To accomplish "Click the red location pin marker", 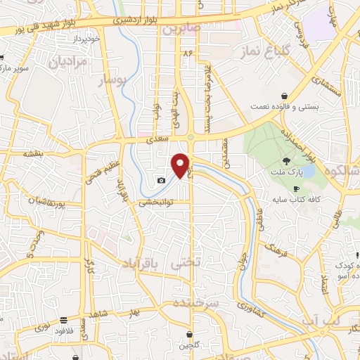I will pyautogui.click(x=181, y=164).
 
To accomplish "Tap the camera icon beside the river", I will pyautogui.click(x=162, y=181).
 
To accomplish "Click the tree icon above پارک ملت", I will pyautogui.click(x=285, y=161).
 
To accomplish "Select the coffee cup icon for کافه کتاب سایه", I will pyautogui.click(x=296, y=189).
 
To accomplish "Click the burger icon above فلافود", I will pyautogui.click(x=64, y=319).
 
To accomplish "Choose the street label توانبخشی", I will pyautogui.click(x=155, y=202).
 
